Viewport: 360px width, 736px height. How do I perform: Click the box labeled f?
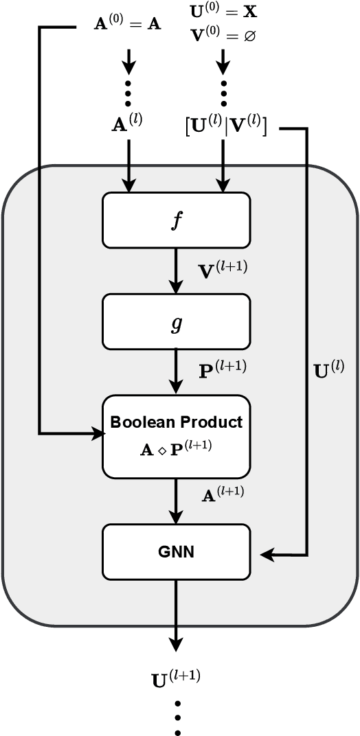pos(176,220)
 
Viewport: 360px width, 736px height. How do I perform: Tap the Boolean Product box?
pos(176,435)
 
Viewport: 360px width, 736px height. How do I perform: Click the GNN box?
pos(176,551)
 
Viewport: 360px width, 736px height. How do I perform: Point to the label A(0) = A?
pos(127,25)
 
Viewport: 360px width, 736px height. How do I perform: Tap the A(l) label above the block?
pos(128,124)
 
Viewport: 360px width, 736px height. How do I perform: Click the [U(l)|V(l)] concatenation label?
pos(225,125)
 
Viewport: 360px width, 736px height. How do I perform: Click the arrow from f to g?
pos(177,271)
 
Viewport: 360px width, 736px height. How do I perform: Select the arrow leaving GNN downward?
pos(177,618)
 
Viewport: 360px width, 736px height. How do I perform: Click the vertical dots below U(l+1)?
pos(177,717)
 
